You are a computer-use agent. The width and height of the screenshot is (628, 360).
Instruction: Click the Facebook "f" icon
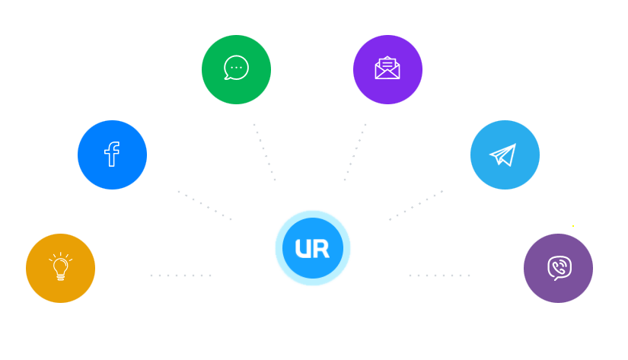(x=112, y=155)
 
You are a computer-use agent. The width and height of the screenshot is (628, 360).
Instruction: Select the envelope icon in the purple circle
(x=387, y=68)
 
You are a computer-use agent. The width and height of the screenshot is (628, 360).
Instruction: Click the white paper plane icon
(x=503, y=155)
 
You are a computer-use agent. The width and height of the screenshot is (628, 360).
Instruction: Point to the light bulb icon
(x=60, y=267)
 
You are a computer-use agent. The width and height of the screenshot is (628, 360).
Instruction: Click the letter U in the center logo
(x=302, y=249)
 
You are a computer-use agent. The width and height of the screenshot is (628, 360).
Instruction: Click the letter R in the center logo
(x=322, y=249)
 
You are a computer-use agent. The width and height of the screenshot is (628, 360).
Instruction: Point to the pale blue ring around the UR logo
(x=313, y=213)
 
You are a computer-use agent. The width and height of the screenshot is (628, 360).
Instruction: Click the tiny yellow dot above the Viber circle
(x=573, y=226)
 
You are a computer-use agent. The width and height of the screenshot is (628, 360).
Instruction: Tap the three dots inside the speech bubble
(x=236, y=67)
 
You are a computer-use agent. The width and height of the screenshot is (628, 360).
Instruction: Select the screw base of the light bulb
(x=61, y=277)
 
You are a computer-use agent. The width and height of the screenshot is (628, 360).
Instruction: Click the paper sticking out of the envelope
(x=387, y=63)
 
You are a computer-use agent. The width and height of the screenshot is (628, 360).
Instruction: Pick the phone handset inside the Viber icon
(x=560, y=266)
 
